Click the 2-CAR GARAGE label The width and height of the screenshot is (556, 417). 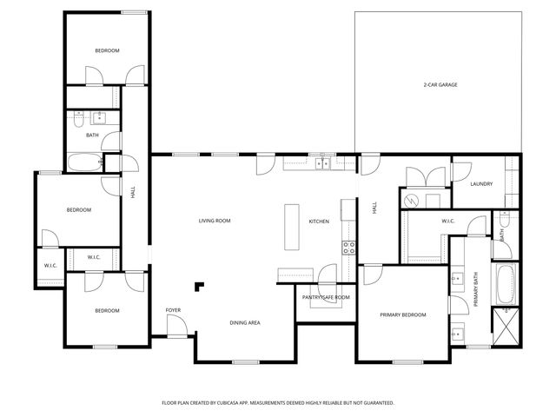point(440,84)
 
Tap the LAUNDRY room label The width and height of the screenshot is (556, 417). point(481,184)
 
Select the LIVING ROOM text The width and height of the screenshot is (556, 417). point(215,222)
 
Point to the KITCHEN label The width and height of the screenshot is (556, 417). point(319,222)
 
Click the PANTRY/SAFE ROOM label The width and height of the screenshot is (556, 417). point(326,298)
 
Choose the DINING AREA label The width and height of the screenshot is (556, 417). point(245,322)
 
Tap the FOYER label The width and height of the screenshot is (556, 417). point(173,310)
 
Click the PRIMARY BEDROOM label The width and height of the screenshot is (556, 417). point(403,314)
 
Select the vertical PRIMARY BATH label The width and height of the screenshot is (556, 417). point(475,290)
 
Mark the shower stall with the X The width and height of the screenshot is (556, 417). point(506,328)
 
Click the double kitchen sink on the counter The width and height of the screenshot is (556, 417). point(322,162)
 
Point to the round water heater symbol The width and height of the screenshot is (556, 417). point(412,200)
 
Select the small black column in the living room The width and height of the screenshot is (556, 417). point(200,286)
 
